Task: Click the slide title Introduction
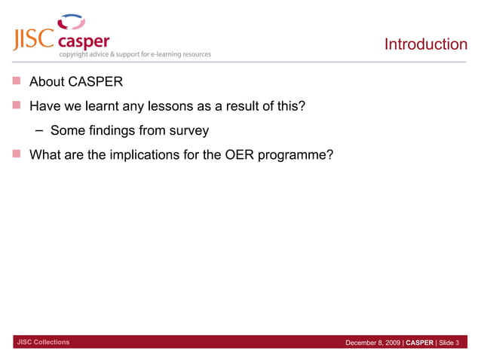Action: [425, 44]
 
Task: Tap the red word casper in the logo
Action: [84, 41]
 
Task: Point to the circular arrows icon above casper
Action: [72, 22]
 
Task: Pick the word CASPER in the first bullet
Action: [90, 81]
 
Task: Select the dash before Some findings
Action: [39, 131]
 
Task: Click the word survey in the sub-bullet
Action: [188, 131]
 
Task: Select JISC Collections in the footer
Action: [43, 343]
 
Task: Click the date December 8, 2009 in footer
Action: [372, 343]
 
